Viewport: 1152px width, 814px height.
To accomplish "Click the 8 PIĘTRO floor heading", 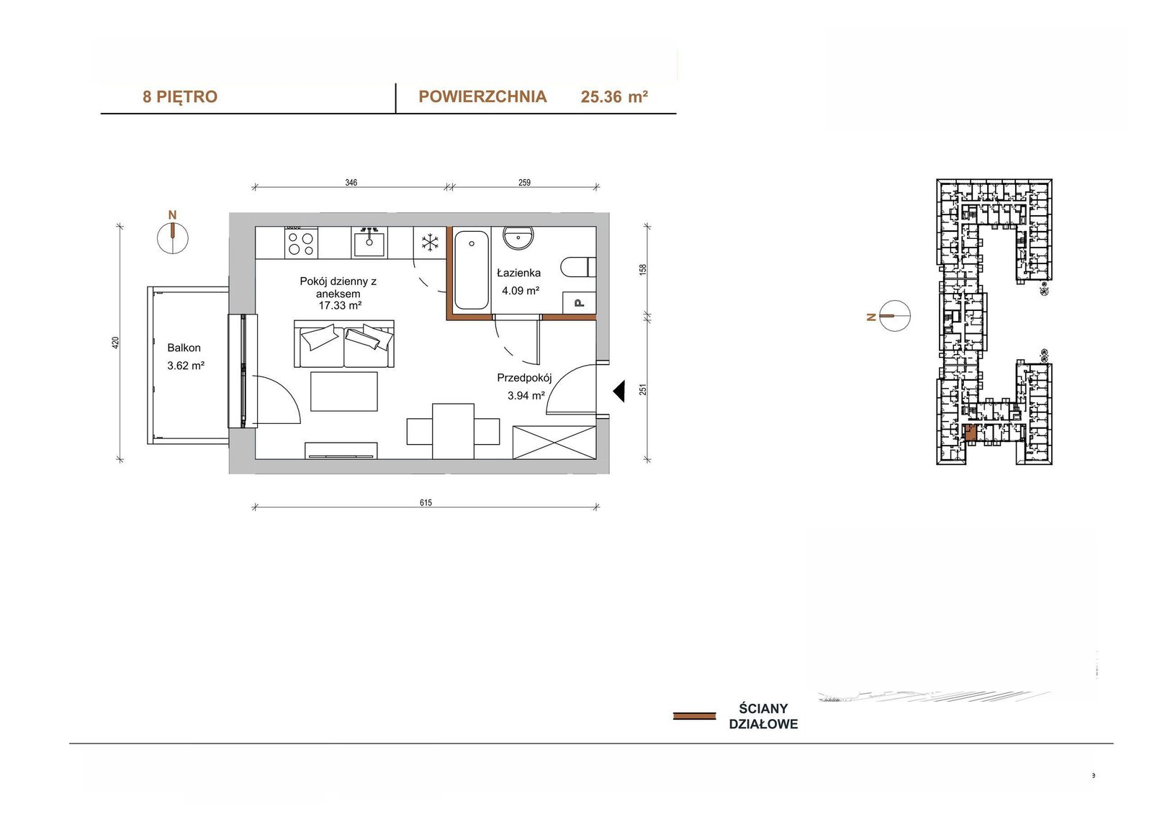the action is (180, 96).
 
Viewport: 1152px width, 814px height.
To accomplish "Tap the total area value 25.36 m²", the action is (614, 96).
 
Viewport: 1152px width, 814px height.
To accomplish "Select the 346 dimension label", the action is (351, 183).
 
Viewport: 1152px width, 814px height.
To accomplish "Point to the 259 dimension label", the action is (524, 183).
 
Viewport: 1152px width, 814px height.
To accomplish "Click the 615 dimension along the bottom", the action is (426, 502).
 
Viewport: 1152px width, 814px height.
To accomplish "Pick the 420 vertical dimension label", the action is (116, 343).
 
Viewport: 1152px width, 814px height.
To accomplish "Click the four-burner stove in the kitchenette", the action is (301, 243).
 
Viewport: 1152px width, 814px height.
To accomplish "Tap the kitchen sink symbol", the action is (369, 243).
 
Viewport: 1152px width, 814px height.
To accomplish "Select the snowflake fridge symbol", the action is (430, 243).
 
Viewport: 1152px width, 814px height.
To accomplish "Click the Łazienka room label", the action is (518, 273).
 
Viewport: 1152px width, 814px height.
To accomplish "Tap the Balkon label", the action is (184, 348).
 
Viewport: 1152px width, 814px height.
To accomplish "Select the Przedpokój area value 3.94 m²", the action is (526, 395).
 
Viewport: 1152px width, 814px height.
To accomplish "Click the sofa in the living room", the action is (344, 343).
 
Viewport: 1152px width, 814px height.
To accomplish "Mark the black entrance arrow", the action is (618, 392).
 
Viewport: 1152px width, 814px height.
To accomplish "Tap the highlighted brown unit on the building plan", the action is (969, 433).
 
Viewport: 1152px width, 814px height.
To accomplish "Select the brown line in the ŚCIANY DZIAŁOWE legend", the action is (694, 716).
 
